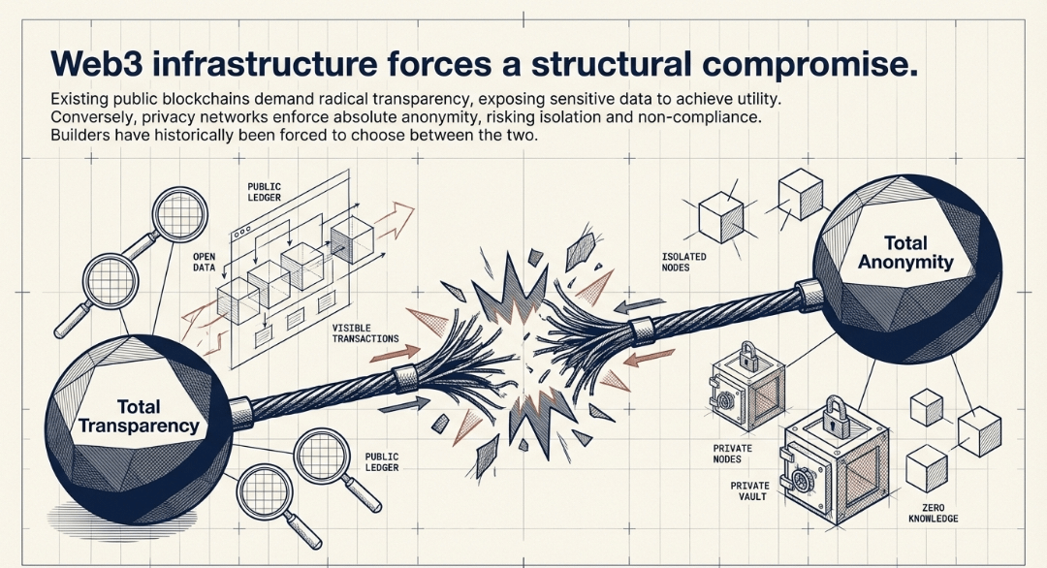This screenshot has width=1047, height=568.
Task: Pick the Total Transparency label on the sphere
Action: (138, 416)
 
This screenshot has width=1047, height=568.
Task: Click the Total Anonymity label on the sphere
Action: (905, 252)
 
